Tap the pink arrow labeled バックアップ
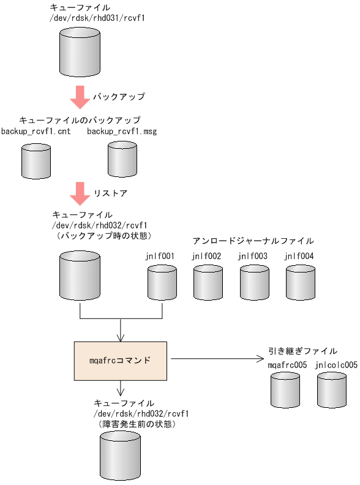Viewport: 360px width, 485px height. pos(80,97)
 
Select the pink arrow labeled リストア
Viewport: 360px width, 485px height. pos(80,193)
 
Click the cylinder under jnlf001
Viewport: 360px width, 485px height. pos(162,282)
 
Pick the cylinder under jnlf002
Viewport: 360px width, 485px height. pos(208,282)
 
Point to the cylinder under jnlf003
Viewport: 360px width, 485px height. pos(254,282)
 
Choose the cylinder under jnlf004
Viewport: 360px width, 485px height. pos(300,282)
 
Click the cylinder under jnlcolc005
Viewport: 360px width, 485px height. pos(332,391)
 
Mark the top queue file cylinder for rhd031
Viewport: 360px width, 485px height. pos(80,53)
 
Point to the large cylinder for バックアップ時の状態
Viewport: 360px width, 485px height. pos(80,276)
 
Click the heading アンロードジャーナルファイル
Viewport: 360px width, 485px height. pos(253,241)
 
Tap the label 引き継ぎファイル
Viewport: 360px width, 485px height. pos(302,351)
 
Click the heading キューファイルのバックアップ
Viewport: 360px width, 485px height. pos(80,120)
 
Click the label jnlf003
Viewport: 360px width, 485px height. pos(253,256)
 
